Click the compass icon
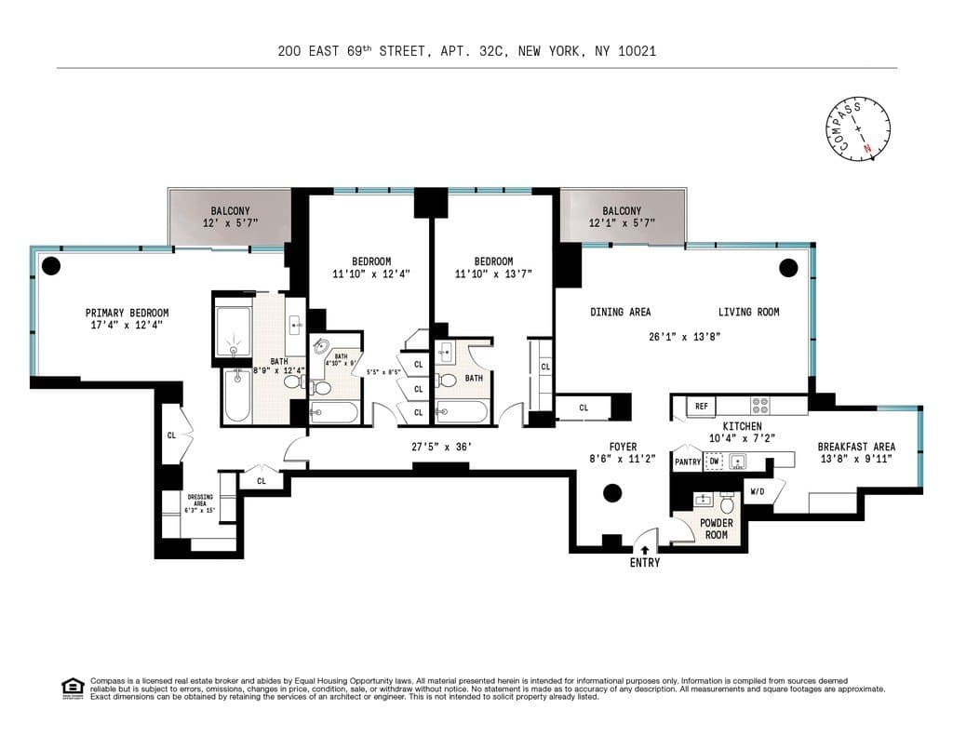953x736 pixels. point(857,129)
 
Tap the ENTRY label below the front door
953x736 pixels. point(644,563)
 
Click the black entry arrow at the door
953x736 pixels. point(644,550)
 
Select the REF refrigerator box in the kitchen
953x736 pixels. point(701,407)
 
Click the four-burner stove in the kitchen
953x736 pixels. point(759,407)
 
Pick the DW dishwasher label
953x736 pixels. point(714,462)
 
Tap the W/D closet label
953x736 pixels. point(757,490)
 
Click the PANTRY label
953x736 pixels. point(688,462)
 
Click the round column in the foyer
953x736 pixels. point(612,493)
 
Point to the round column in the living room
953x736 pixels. point(788,269)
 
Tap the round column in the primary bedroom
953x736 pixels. point(51,266)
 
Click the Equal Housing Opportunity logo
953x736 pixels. point(73,688)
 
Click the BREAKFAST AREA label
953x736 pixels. point(856,447)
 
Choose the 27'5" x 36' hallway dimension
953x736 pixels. point(442,447)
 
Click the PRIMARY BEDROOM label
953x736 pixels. point(127,313)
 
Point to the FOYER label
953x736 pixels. point(623,447)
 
